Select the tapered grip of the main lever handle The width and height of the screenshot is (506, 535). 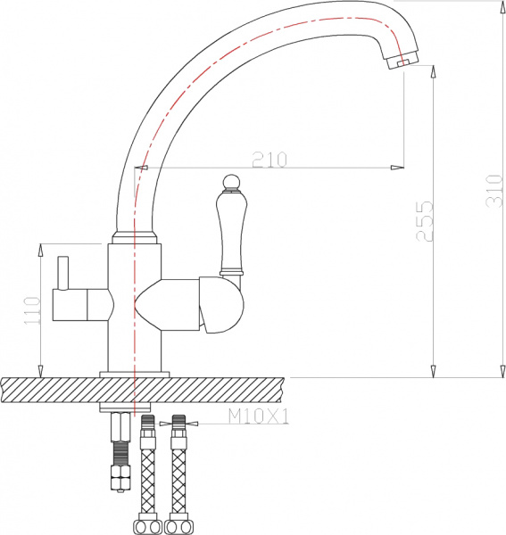229,234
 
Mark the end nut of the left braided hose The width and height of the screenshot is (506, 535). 145,525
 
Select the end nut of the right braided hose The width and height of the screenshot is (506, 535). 178,525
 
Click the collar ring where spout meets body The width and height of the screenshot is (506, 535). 134,238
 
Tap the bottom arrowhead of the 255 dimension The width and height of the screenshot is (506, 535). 434,370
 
